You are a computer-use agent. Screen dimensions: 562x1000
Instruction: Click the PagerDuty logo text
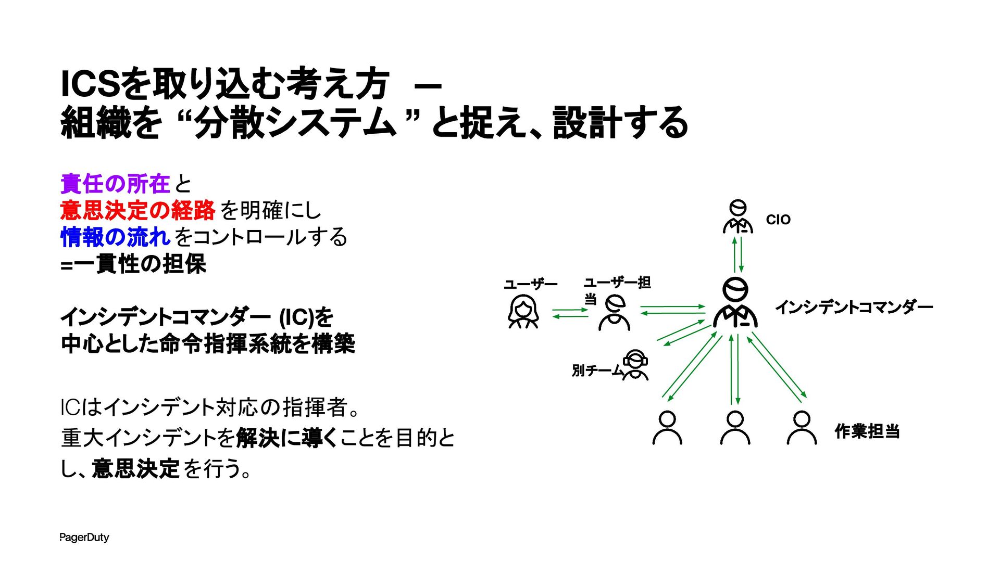(84, 538)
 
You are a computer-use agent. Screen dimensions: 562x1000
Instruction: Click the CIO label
(778, 220)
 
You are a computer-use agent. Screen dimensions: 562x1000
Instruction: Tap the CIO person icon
(737, 216)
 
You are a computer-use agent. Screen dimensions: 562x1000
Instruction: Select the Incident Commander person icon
(735, 303)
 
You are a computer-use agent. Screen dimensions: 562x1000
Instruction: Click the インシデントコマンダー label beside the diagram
(854, 307)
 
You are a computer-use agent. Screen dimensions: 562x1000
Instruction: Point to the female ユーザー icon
(523, 312)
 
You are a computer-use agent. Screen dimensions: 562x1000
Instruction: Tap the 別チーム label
(597, 371)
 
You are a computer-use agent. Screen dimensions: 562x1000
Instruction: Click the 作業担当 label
(867, 431)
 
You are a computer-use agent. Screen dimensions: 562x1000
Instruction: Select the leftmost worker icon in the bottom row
(667, 428)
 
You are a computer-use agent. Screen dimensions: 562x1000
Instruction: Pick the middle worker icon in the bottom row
(735, 428)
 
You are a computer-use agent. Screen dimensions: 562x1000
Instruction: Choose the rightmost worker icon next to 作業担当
(802, 428)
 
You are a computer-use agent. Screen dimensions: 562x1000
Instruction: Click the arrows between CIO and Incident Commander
(737, 254)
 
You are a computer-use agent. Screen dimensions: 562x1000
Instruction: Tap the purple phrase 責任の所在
(115, 184)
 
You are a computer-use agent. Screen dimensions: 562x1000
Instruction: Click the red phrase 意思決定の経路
(137, 210)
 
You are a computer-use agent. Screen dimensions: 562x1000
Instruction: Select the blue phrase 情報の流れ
(115, 237)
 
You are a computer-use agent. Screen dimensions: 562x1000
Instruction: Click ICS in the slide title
(90, 84)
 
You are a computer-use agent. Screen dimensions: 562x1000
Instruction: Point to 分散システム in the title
(295, 123)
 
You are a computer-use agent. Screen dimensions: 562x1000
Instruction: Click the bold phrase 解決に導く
(287, 438)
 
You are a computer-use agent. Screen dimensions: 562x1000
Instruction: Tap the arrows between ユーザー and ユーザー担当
(570, 313)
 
